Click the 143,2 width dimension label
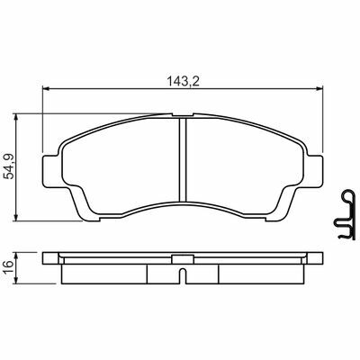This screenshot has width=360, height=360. coord(183,81)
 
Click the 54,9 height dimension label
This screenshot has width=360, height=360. coord(10,166)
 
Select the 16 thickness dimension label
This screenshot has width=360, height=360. coord(9,264)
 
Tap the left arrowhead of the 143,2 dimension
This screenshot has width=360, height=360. coord(46,88)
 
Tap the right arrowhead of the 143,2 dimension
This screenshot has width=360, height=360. coord(319,88)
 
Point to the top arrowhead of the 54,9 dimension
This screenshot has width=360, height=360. coord(16,117)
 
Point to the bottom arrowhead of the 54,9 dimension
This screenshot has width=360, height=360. coord(16,218)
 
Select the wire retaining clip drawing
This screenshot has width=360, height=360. coord(345,214)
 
